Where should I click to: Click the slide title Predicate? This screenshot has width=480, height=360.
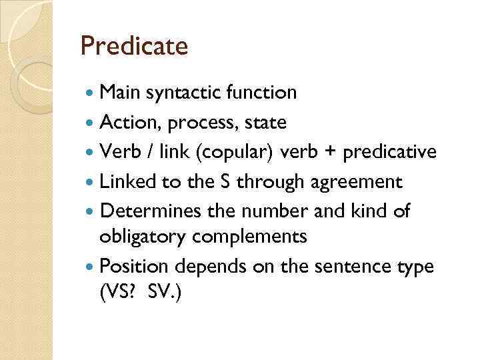[x=134, y=46]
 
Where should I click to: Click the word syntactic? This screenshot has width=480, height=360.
[x=187, y=93]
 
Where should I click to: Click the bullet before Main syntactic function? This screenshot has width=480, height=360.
[x=90, y=93]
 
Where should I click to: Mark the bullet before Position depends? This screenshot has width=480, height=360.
[x=90, y=267]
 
